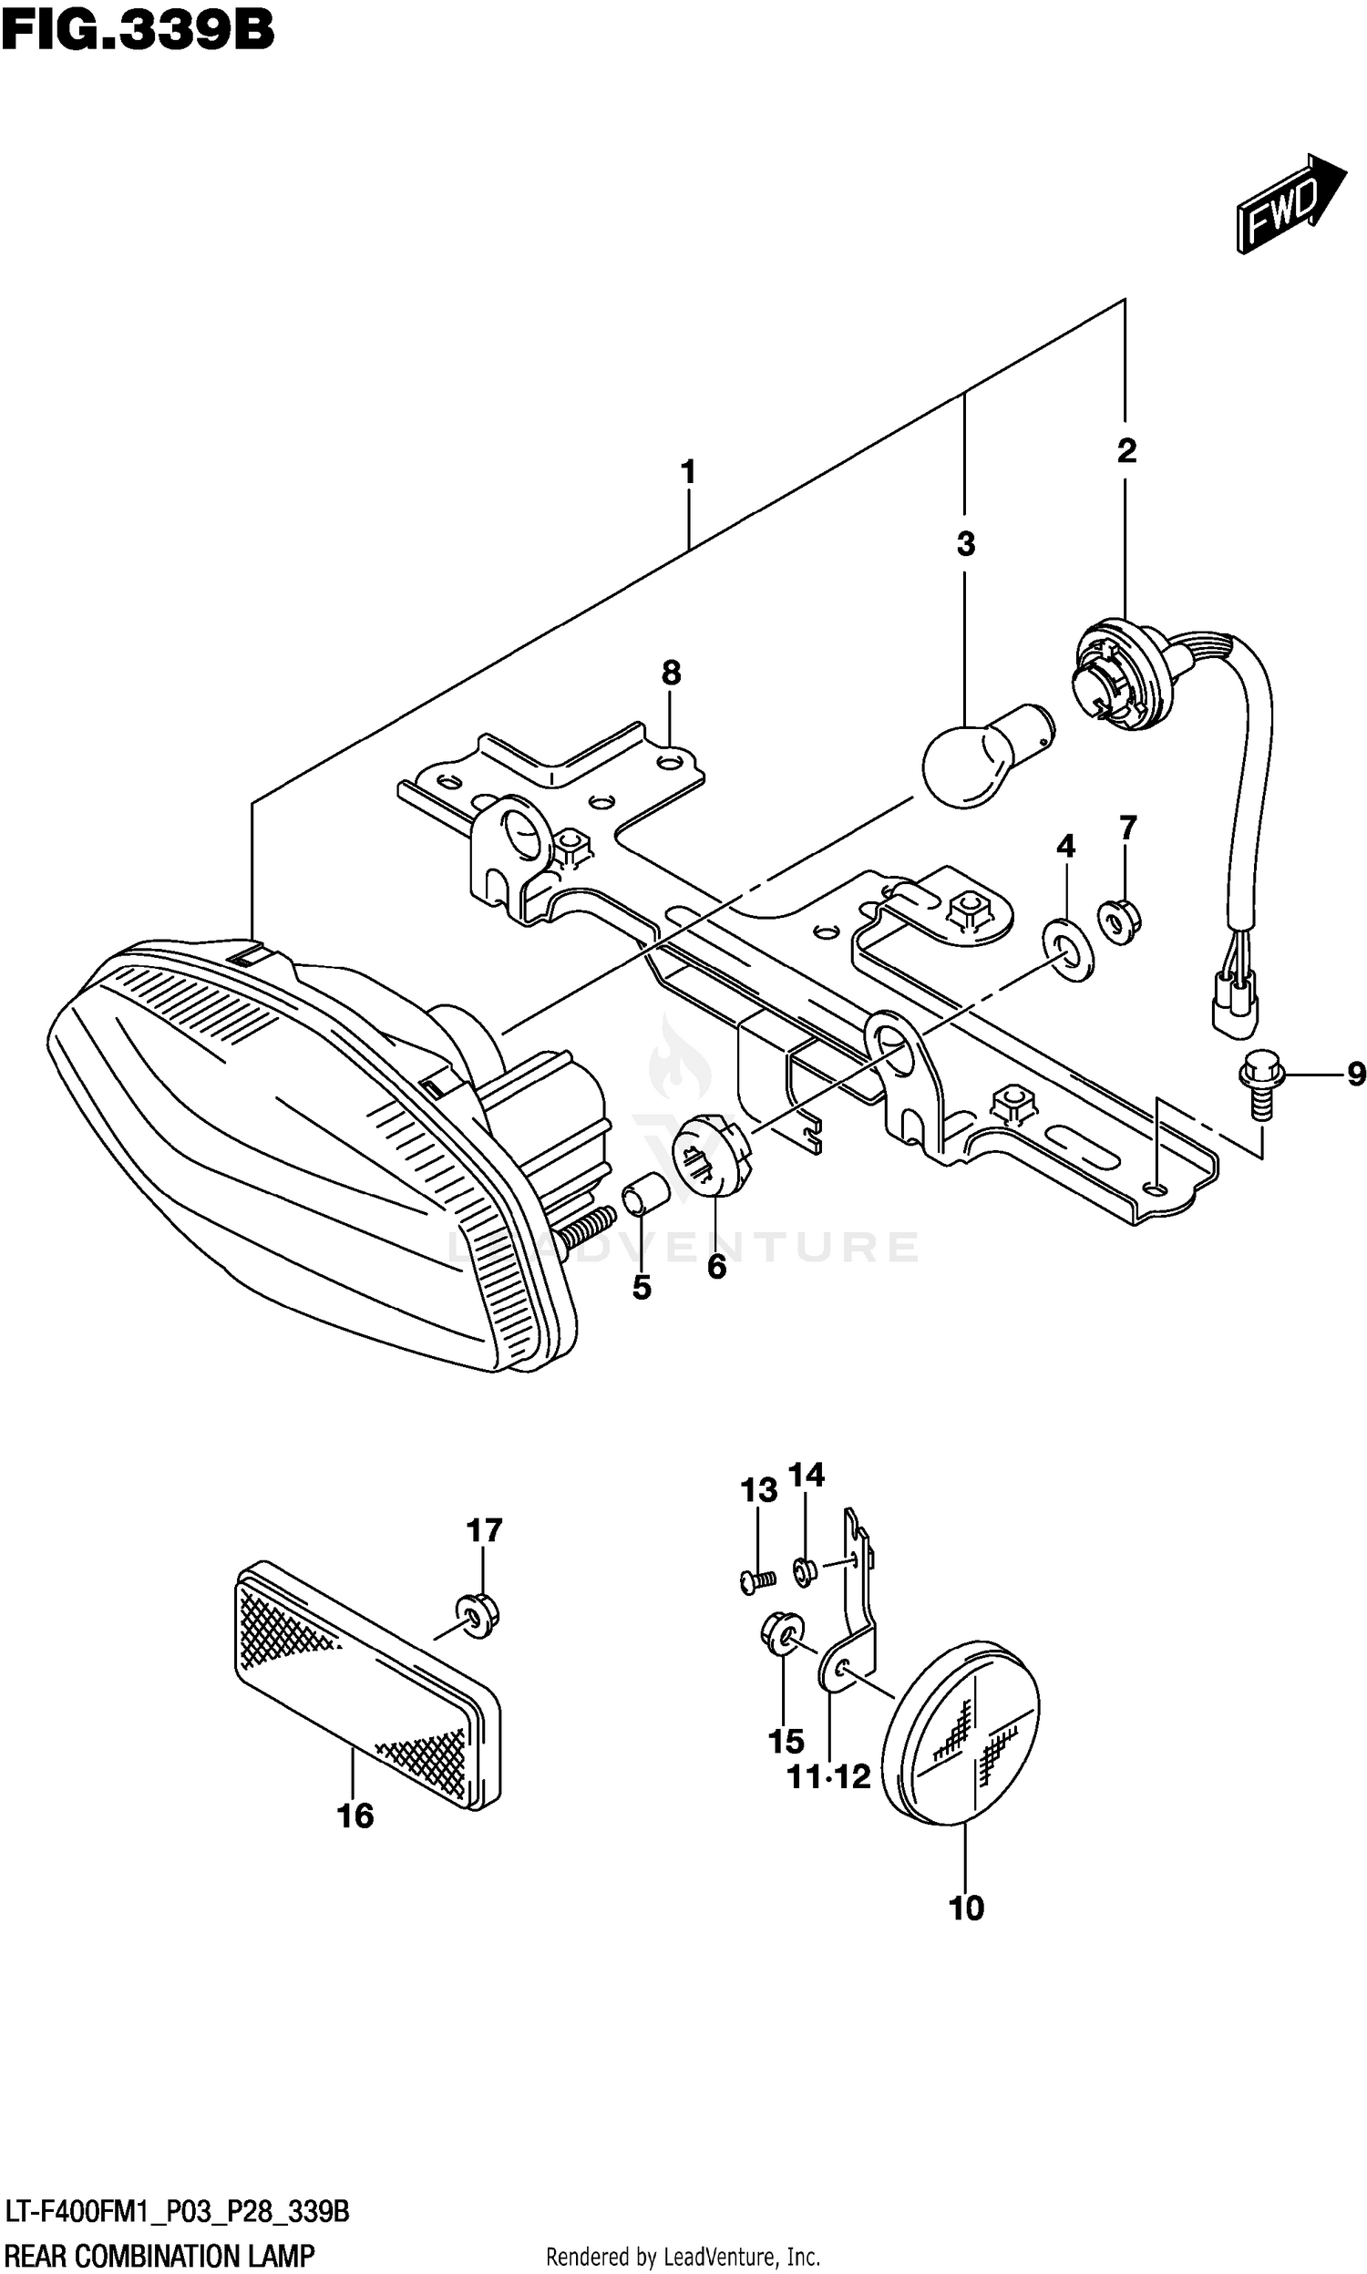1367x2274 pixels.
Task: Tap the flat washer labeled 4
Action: [x=1067, y=949]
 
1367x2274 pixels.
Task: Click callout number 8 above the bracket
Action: [x=671, y=674]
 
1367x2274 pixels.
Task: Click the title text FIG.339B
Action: [x=139, y=30]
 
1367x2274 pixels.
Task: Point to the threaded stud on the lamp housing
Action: [x=586, y=1227]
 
